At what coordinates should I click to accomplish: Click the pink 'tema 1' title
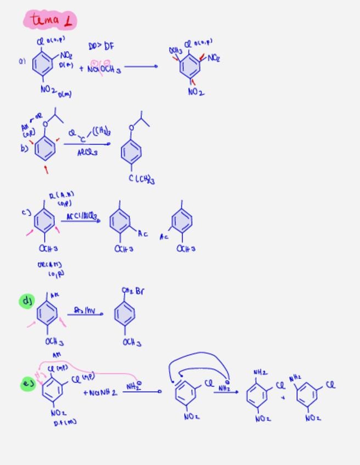point(50,21)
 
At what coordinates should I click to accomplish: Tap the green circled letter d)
point(27,300)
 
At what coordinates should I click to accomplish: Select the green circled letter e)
point(27,384)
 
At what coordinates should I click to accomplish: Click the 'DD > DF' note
point(101,47)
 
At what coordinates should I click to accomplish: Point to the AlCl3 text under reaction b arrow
point(87,152)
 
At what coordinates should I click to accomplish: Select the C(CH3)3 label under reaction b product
point(142,179)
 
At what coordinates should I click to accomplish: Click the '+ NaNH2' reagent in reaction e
point(100,393)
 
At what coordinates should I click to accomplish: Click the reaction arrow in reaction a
point(141,66)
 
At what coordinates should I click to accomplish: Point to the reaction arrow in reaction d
point(85,314)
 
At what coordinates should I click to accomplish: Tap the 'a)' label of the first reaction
point(22,62)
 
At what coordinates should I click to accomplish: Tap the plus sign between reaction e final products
point(283,397)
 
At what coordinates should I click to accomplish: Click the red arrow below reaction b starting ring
point(46,170)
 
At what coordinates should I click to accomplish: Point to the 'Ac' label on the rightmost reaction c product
point(164,237)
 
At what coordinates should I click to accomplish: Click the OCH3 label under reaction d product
point(132,343)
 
